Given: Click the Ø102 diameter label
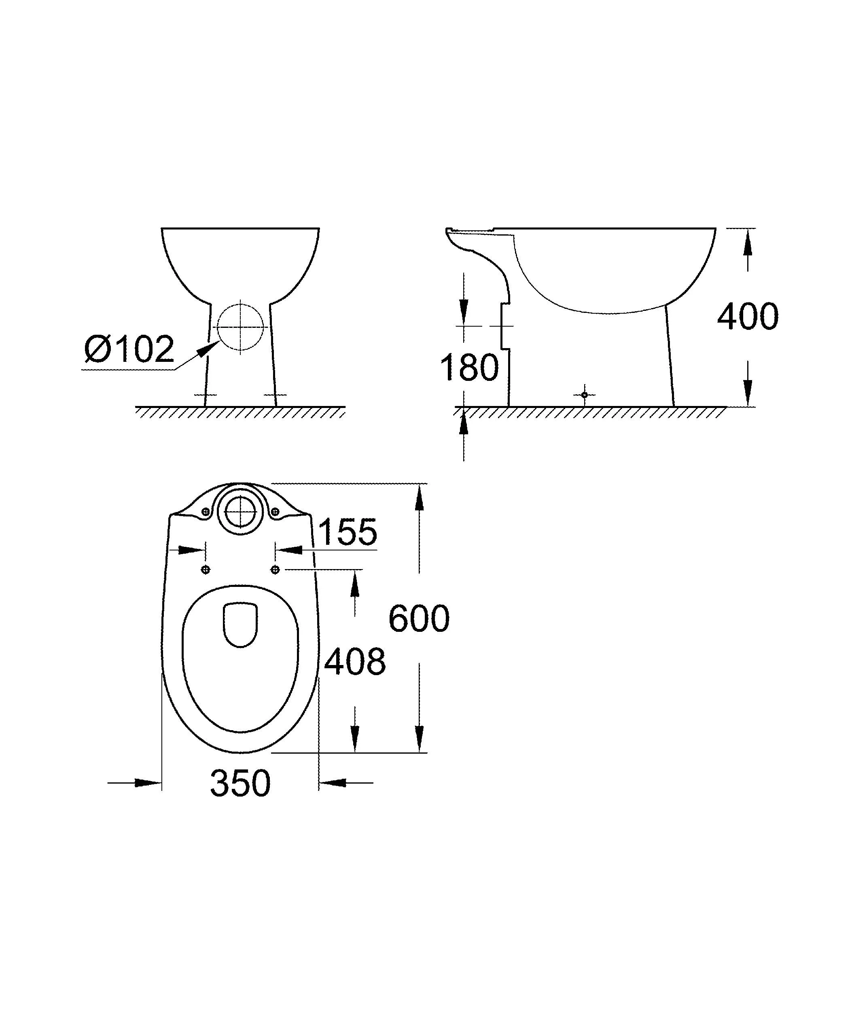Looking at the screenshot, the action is [129, 348].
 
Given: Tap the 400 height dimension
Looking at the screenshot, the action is [748, 317].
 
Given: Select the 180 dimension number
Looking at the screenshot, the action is [469, 368].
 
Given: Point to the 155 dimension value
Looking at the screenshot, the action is [347, 531].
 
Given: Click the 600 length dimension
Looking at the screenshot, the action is [419, 618].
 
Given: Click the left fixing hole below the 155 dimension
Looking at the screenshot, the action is [206, 569].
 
